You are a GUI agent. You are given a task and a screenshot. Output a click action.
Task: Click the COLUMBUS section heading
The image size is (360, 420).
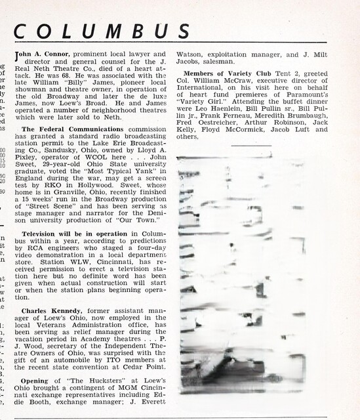102,31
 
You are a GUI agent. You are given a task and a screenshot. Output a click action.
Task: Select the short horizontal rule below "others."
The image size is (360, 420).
251,145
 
